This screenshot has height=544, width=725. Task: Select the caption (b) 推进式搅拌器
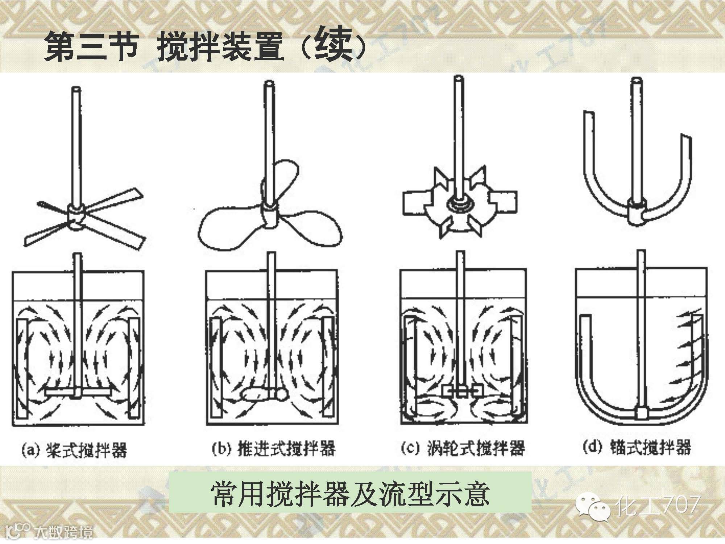tap(273, 449)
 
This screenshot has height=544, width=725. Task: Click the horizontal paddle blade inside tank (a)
tap(78, 392)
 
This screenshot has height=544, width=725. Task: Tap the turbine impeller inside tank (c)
tap(462, 391)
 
